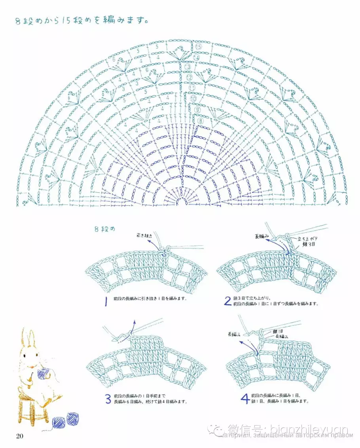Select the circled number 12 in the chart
point(189,78)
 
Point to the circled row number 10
point(193,98)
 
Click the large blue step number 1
point(106,302)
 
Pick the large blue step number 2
point(227,302)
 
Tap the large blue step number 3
point(108,399)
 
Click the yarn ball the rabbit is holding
point(42,372)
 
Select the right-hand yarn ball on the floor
point(72,419)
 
